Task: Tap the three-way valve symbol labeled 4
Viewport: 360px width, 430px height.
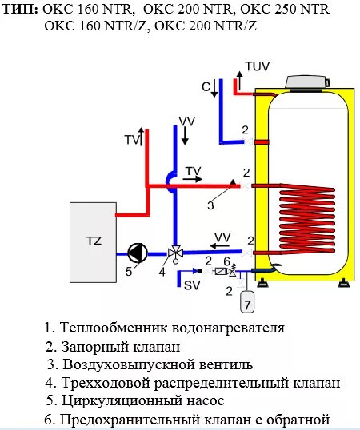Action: pos(174,255)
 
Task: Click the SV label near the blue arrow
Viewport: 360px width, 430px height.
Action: pos(192,285)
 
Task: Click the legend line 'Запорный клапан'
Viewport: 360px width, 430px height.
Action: pos(113,347)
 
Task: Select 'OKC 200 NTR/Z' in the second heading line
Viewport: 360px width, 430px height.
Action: pos(205,27)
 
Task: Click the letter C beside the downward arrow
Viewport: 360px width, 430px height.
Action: pos(205,86)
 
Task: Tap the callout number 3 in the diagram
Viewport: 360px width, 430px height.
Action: pos(210,205)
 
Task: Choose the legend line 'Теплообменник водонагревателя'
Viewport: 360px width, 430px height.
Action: pos(164,328)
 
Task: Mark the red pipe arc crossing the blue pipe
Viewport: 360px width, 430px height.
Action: pos(170,182)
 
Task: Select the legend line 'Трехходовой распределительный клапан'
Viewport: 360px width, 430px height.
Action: pos(193,383)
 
